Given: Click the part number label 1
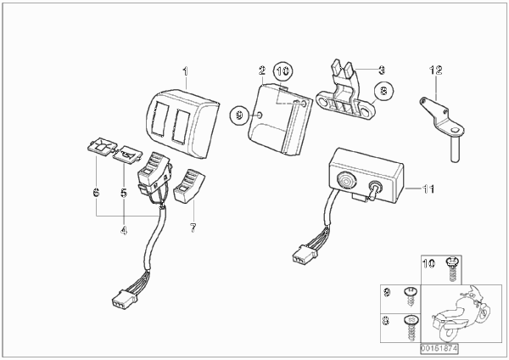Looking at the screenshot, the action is click(x=185, y=71).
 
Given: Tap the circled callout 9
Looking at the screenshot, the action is click(x=239, y=115).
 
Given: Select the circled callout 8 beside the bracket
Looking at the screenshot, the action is click(x=383, y=90).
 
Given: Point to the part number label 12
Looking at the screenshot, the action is click(x=436, y=70).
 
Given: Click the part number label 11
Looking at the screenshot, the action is click(x=428, y=188).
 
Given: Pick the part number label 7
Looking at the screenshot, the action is click(x=193, y=228).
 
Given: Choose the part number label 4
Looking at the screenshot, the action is click(x=124, y=230).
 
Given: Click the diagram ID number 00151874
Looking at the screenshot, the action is click(x=439, y=349).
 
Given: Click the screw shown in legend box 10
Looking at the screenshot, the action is click(x=450, y=269).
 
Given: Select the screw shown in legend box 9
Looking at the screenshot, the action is click(x=410, y=296).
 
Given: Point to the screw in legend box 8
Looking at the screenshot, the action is click(x=411, y=327).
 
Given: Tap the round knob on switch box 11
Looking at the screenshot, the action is click(x=346, y=180).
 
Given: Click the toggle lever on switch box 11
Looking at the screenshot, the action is click(x=372, y=189).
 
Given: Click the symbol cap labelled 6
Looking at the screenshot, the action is click(x=103, y=146).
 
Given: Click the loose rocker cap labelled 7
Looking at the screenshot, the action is click(x=189, y=186).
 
